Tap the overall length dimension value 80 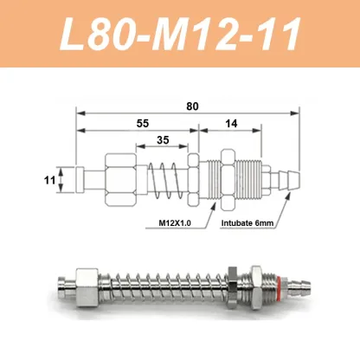pyautogui.click(x=192, y=106)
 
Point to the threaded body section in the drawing pyautogui.click(x=251, y=181)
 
